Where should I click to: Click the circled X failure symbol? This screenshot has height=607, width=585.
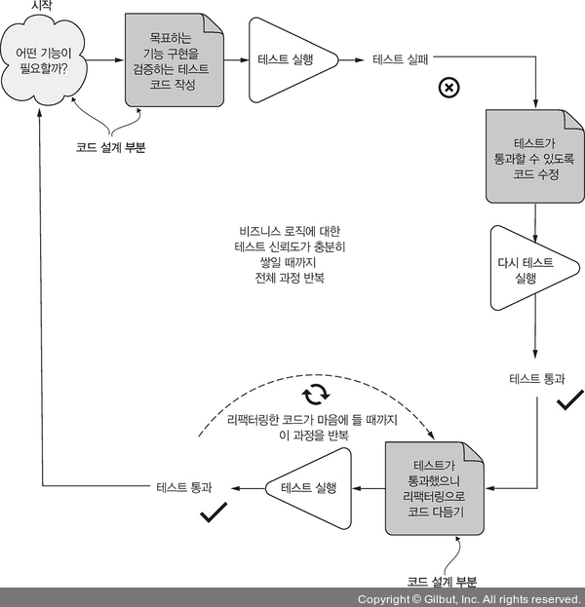[449, 88]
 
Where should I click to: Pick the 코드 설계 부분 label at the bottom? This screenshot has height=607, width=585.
[443, 582]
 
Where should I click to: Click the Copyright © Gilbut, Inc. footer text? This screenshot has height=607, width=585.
[469, 598]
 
